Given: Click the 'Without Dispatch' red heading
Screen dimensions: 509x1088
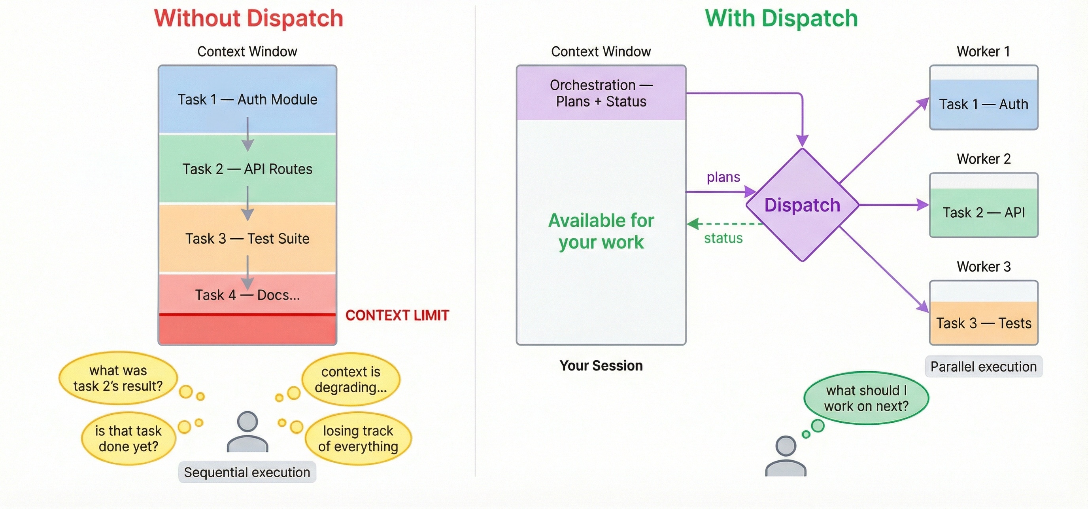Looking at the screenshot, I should click(248, 19).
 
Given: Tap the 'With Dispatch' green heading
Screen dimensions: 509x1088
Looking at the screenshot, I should click(781, 19).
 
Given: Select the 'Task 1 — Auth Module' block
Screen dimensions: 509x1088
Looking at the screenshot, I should click(247, 100).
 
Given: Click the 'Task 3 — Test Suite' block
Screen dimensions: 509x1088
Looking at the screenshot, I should click(247, 239).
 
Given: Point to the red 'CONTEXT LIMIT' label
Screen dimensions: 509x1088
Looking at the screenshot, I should click(397, 315).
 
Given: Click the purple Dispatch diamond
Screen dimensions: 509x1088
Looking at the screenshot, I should click(802, 205).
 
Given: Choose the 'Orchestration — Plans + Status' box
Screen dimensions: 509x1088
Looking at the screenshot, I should click(601, 93).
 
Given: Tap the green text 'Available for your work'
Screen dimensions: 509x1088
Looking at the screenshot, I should click(601, 231).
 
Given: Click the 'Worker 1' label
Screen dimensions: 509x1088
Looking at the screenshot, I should click(983, 51).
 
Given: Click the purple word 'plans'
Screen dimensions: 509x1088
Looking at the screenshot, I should click(723, 177).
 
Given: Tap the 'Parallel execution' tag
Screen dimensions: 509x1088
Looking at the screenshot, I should click(983, 367).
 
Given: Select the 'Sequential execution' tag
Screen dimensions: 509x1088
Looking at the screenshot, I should click(247, 472).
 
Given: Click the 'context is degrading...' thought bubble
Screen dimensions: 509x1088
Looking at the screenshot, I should click(351, 379).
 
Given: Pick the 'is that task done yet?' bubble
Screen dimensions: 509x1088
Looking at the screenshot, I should click(128, 439).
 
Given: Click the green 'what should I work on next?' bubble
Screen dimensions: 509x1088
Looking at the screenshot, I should click(865, 398).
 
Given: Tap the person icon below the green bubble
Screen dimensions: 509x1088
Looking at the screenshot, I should click(785, 457).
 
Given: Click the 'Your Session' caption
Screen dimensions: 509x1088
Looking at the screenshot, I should click(601, 366).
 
